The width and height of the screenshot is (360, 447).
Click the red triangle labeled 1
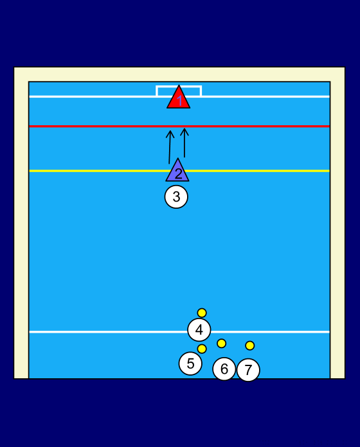click(179, 99)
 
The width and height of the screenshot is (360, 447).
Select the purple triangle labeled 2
click(177, 172)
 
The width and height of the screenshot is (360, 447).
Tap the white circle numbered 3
click(176, 197)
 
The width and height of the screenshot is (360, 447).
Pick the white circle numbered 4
click(199, 330)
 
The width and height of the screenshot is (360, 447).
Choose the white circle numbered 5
click(190, 364)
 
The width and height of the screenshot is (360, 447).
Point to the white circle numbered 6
click(224, 369)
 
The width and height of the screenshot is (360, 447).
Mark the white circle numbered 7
click(248, 370)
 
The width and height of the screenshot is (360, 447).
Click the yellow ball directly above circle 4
click(202, 313)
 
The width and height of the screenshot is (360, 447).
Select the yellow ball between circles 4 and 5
click(202, 349)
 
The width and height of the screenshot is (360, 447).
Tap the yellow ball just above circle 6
click(221, 343)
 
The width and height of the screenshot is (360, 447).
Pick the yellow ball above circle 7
click(249, 346)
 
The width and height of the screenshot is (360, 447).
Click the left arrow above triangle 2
click(170, 147)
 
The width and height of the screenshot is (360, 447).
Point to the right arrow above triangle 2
click(184, 143)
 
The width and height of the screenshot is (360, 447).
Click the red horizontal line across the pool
click(179, 126)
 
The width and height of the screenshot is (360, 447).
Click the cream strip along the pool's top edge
click(179, 74)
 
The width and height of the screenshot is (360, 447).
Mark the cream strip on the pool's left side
click(21, 223)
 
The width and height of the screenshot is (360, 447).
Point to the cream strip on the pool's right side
click(337, 223)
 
